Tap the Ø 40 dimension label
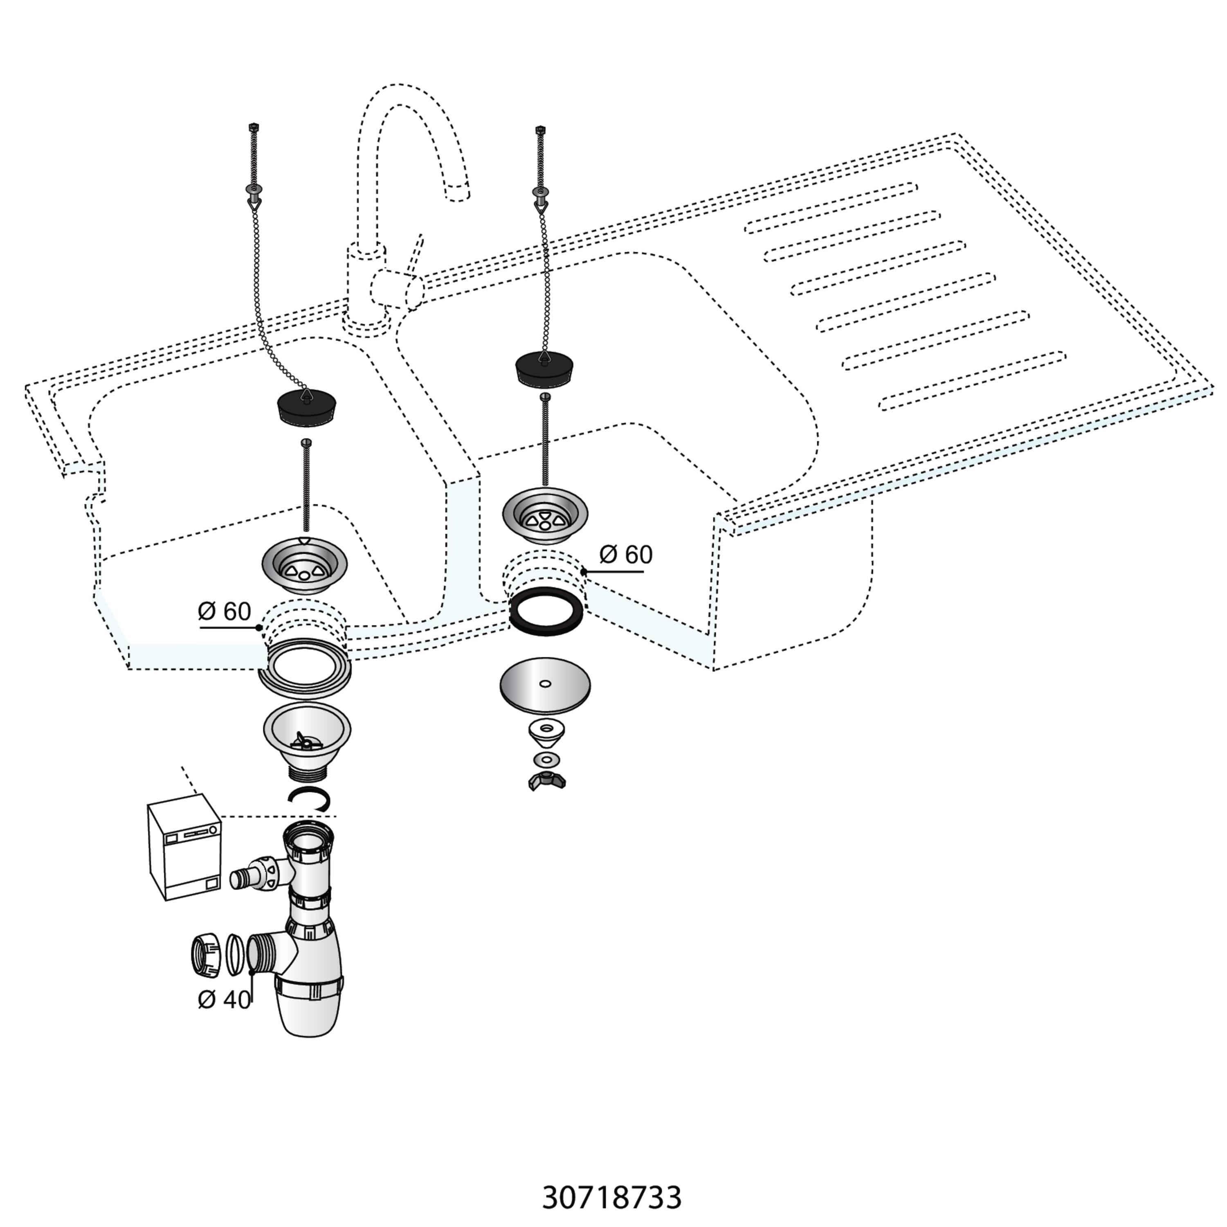(x=224, y=1000)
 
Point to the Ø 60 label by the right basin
(x=626, y=555)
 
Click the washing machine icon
(x=184, y=851)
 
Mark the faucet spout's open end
(x=457, y=191)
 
